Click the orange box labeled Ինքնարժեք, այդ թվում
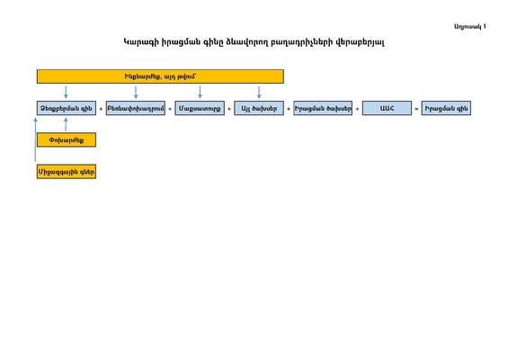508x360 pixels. click(160, 76)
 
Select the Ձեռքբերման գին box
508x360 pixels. click(67, 108)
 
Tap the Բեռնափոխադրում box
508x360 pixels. click(136, 108)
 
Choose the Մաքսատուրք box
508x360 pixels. click(200, 108)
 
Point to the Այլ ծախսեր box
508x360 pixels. click(259, 108)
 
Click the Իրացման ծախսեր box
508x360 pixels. click(323, 108)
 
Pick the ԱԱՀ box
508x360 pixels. click(387, 108)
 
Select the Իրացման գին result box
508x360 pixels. click(446, 108)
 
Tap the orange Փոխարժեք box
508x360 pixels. click(67, 139)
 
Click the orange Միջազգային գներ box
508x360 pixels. click(67, 172)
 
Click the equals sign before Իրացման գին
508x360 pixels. click(416, 109)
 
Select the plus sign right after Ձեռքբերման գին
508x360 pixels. click(101, 109)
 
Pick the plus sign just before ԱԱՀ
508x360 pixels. click(357, 109)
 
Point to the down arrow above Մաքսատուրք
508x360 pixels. click(200, 92)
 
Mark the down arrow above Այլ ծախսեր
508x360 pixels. click(259, 92)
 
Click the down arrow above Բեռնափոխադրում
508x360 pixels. click(136, 92)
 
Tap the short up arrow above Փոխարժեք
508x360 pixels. click(66, 124)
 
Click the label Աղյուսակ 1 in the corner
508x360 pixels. click(469, 27)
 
